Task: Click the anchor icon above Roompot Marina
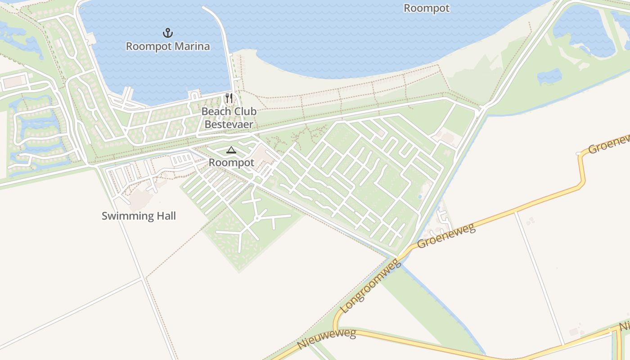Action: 167,32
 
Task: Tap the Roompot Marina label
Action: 167,46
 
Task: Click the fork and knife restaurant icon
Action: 229,98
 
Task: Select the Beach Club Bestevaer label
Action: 229,117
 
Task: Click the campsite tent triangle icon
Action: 231,150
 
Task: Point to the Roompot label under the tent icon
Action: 231,162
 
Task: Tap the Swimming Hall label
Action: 139,216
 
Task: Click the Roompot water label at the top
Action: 426,8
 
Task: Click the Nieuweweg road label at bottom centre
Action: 327,339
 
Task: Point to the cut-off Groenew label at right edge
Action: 608,143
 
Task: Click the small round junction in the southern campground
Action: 256,218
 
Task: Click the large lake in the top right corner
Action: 585,31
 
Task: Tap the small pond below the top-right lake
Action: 549,76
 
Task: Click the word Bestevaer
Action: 229,124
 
